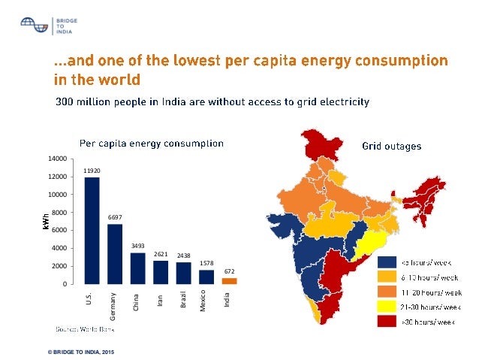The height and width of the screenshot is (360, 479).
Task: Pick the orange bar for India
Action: point(230,281)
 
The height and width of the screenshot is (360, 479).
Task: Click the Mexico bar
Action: point(206,277)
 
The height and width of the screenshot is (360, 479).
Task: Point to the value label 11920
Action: point(92,171)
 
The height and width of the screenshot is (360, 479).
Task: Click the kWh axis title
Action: point(45,221)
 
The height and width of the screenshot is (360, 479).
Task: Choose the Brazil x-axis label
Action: point(184,301)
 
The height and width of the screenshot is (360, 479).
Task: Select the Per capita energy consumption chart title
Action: point(152,142)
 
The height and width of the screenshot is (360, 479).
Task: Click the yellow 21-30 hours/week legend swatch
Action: point(387,307)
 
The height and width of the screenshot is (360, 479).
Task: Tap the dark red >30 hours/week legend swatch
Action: point(387,322)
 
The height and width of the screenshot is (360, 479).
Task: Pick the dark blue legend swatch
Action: point(387,262)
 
